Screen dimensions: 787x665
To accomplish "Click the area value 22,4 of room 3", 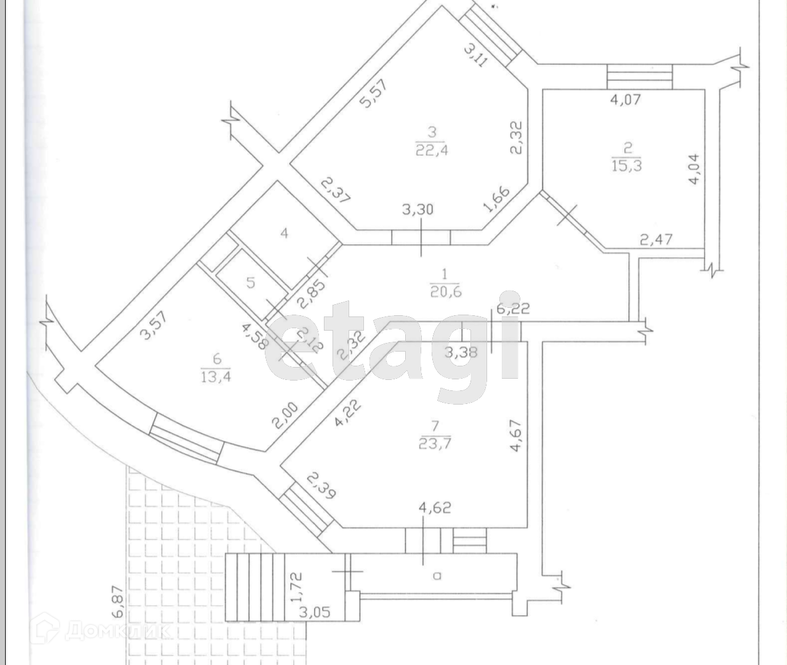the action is [431, 150].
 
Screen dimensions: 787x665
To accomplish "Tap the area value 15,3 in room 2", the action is [627, 165].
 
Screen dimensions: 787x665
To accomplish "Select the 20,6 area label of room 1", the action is [446, 291].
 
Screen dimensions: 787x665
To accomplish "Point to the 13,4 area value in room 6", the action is [215, 377].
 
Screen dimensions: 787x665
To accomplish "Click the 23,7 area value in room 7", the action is [435, 443].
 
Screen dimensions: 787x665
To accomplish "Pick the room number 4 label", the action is [284, 233].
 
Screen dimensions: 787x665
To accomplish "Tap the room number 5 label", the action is [250, 283].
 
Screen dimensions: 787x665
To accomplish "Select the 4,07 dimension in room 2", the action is [626, 99].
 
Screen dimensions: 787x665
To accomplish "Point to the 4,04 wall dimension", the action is [695, 169].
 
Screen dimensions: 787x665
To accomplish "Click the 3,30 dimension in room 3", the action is [418, 209].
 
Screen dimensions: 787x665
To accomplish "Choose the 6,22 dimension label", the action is [513, 309].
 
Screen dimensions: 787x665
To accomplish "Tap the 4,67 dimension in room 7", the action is [515, 436].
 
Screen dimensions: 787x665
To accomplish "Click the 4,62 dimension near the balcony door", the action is [435, 508].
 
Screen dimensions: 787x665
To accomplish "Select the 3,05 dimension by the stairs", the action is [314, 611].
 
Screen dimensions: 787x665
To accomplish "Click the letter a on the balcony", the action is [437, 576].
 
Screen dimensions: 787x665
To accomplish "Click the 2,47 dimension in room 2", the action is [656, 238].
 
